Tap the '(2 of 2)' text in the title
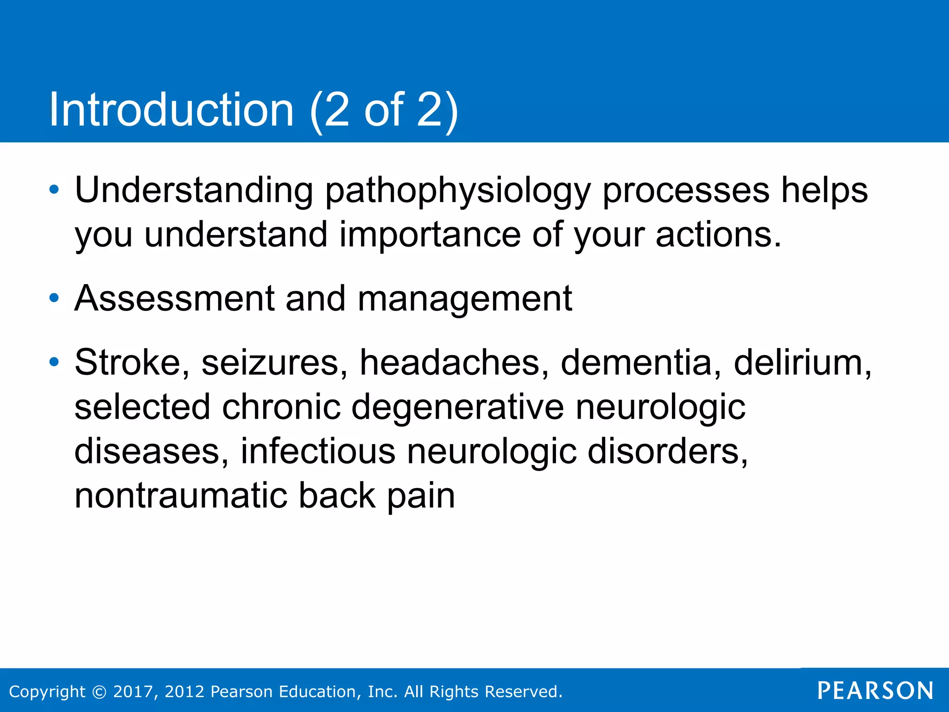(384, 110)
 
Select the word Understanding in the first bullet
(194, 191)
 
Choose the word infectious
(318, 451)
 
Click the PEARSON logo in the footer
(875, 691)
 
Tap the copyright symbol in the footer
(100, 692)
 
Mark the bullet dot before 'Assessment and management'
(54, 298)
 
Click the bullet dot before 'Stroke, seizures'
(54, 362)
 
